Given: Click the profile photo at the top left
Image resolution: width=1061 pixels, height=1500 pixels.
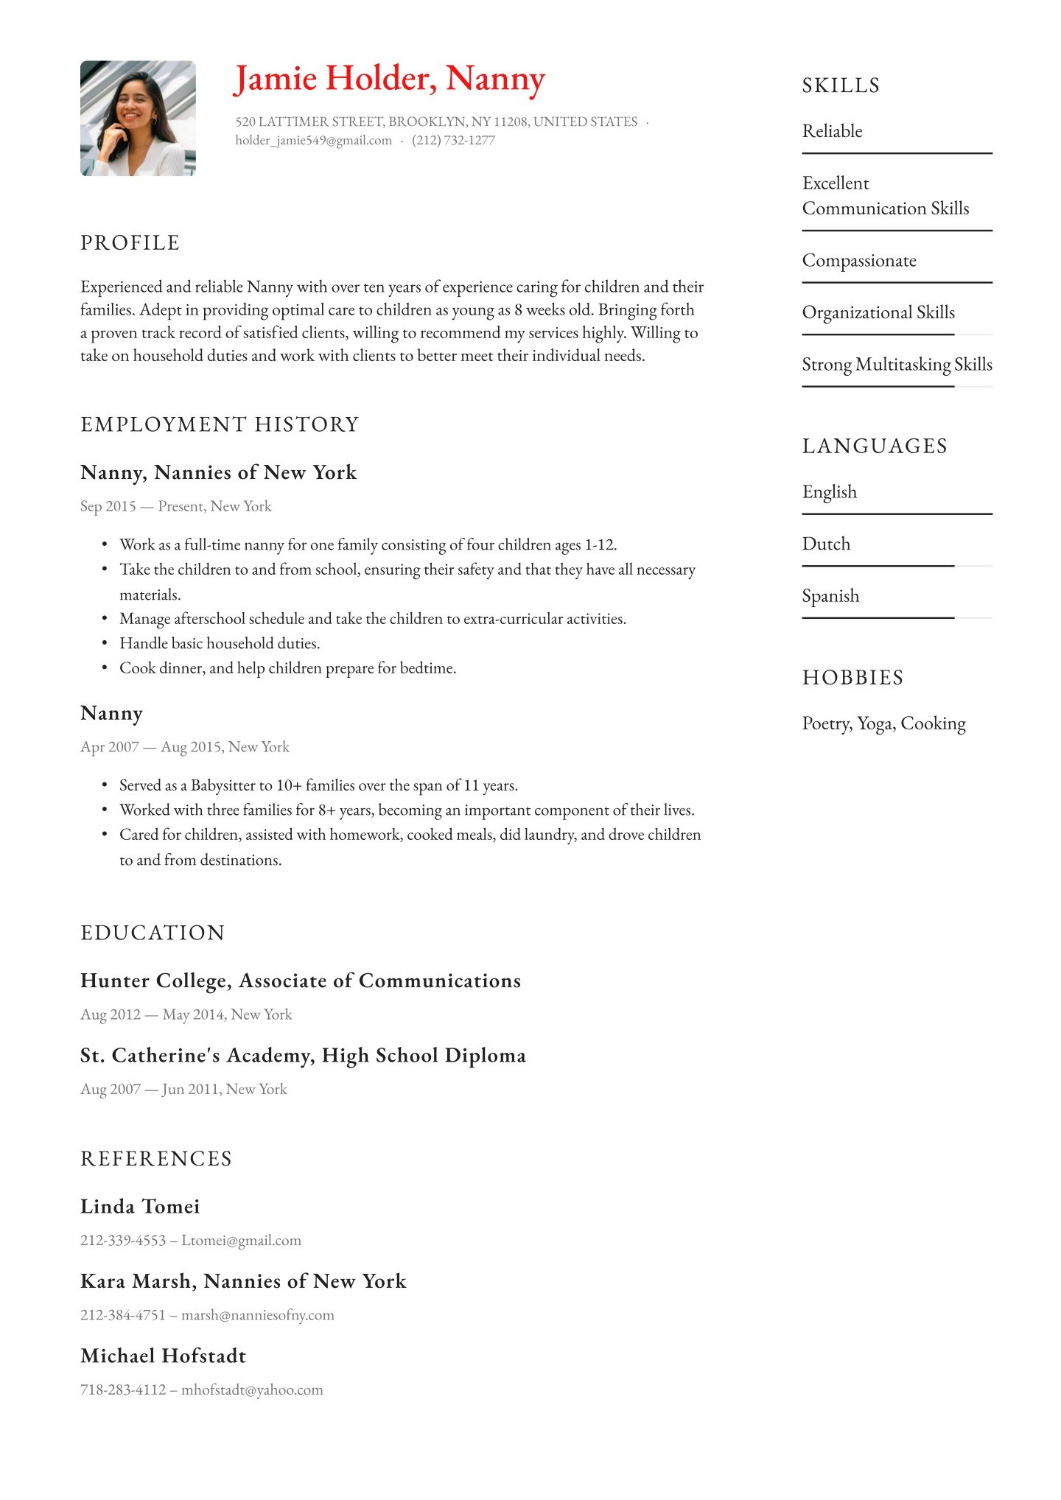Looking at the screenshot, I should click(138, 118).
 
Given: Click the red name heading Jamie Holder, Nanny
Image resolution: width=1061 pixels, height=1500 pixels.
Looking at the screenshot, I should click(389, 79).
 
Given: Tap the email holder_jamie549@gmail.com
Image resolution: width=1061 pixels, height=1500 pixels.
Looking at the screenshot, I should click(313, 141).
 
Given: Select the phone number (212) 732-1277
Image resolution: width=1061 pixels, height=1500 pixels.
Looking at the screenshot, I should click(453, 141).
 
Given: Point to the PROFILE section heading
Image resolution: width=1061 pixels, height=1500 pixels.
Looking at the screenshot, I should click(130, 243).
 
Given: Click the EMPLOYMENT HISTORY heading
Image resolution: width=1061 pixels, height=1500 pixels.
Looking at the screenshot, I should click(220, 424).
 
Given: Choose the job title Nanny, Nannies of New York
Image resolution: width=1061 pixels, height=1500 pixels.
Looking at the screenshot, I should click(218, 472).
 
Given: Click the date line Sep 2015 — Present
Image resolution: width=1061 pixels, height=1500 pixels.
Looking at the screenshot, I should click(175, 507).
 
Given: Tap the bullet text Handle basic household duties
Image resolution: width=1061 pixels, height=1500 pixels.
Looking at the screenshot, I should click(220, 644).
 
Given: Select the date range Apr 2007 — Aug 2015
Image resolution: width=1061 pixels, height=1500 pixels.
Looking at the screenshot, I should click(184, 747).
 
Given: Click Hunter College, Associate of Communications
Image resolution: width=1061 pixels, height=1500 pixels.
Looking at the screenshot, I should click(300, 981).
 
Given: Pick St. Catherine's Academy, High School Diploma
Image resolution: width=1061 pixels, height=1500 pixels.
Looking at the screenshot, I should click(303, 1056).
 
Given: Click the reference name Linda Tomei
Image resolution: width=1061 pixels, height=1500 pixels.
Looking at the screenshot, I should click(140, 1207).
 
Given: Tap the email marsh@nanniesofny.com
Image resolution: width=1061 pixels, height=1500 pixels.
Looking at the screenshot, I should click(258, 1315).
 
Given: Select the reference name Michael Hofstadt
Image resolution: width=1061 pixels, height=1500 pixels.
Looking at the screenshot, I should click(163, 1356).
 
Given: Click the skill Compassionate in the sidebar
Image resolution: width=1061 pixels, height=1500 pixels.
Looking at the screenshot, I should click(859, 261).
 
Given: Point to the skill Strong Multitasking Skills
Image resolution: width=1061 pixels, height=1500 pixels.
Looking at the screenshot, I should click(897, 365).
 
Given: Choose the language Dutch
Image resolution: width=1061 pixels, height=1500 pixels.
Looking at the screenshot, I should click(826, 544).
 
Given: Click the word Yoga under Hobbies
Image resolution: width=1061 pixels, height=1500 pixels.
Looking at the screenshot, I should click(875, 724).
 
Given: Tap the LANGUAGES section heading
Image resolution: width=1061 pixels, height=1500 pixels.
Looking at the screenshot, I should click(875, 446).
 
